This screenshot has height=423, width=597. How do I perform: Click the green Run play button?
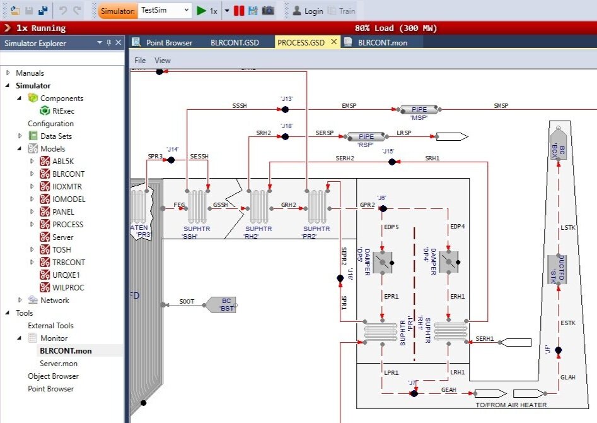pyautogui.click(x=201, y=11)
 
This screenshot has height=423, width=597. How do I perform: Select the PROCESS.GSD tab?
pyautogui.click(x=301, y=42)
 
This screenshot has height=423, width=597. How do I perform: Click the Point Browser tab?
pyautogui.click(x=169, y=42)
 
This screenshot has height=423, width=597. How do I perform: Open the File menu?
pyautogui.click(x=140, y=61)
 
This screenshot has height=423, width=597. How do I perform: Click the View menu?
pyautogui.click(x=163, y=61)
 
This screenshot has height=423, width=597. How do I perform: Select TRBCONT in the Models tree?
pyautogui.click(x=69, y=262)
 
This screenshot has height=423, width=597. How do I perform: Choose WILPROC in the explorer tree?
pyautogui.click(x=68, y=287)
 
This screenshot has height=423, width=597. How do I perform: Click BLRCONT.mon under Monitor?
pyautogui.click(x=66, y=350)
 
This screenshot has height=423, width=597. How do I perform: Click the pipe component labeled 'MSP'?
pyautogui.click(x=419, y=110)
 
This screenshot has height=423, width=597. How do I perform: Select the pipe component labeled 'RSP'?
pyautogui.click(x=366, y=136)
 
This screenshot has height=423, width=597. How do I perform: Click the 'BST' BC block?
pyautogui.click(x=221, y=305)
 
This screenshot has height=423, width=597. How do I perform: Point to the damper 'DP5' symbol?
pyautogui.click(x=383, y=262)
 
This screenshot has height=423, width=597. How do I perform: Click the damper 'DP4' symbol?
pyautogui.click(x=449, y=261)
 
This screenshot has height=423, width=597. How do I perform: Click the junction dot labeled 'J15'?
pyautogui.click(x=391, y=162)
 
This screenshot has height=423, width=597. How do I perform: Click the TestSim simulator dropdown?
pyautogui.click(x=164, y=11)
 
